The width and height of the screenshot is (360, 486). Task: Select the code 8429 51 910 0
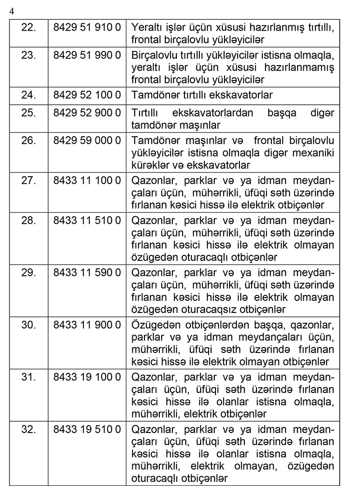click(x=87, y=27)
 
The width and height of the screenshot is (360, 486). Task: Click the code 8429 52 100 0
click(x=87, y=95)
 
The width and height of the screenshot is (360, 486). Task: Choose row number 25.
click(x=29, y=113)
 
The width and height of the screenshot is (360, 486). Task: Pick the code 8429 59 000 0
click(x=87, y=141)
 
